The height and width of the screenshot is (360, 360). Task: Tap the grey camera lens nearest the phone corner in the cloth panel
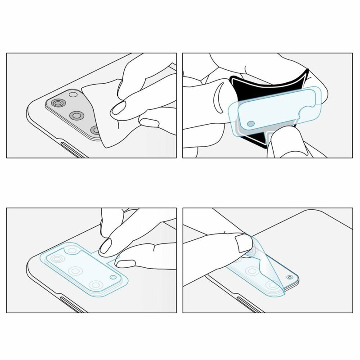[57, 104]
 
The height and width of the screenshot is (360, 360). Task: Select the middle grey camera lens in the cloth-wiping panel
[76, 116]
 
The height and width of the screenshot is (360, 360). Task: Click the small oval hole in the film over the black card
[250, 123]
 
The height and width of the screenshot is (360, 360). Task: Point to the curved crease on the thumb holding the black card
[218, 99]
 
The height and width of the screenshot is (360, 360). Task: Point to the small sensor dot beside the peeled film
[289, 277]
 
